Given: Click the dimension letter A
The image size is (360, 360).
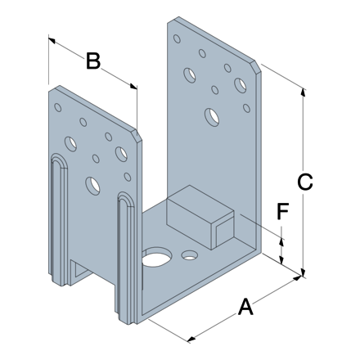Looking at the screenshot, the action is pyautogui.click(x=245, y=307).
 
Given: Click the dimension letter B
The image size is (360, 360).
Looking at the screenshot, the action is pyautogui.click(x=93, y=61).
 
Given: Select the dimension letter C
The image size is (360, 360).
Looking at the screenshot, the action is pyautogui.click(x=305, y=182).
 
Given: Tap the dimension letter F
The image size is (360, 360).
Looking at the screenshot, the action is pyautogui.click(x=283, y=211).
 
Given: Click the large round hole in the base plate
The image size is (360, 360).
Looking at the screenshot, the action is pyautogui.click(x=156, y=257).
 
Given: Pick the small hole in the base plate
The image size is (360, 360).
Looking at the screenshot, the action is pyautogui.click(x=190, y=255).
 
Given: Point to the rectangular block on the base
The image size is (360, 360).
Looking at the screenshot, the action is pyautogui.click(x=200, y=217).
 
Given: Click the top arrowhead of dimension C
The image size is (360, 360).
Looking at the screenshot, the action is pyautogui.click(x=303, y=92).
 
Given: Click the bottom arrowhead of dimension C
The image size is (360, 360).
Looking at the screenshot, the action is pyautogui.click(x=303, y=272).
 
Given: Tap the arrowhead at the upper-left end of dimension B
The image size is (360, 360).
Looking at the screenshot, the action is pyautogui.click(x=52, y=40).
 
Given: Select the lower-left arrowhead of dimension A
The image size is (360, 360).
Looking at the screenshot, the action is pyautogui.click(x=191, y=339).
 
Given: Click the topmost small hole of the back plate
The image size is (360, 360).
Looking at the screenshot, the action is pyautogui.click(x=177, y=38).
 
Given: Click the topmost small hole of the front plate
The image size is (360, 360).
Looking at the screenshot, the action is pyautogui.click(x=58, y=107).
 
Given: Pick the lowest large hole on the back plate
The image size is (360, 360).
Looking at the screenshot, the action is pyautogui.click(x=212, y=117).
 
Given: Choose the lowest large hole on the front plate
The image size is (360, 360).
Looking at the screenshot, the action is pyautogui.click(x=92, y=186).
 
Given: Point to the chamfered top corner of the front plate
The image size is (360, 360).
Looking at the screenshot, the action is pyautogui.click(x=137, y=136).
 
